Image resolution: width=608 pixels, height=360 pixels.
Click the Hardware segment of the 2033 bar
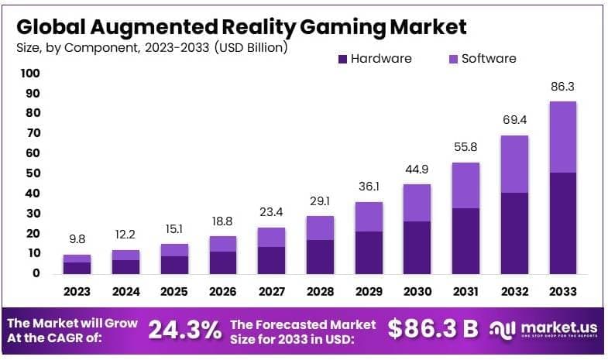tap(562, 223)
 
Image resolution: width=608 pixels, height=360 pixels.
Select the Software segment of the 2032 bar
tap(515, 164)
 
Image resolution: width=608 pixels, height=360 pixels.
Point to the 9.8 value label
tap(77, 241)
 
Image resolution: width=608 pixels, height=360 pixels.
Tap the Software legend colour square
tap(453, 59)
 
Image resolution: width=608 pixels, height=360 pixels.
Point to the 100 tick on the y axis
tap(30, 74)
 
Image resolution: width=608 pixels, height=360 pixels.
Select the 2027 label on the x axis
tap(272, 292)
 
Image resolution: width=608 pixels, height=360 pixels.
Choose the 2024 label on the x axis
tap(125, 292)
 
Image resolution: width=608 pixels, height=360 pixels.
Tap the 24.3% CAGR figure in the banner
tap(184, 330)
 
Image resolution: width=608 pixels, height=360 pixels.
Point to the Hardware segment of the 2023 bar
tap(77, 268)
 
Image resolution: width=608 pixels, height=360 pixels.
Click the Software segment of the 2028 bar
tap(321, 228)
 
